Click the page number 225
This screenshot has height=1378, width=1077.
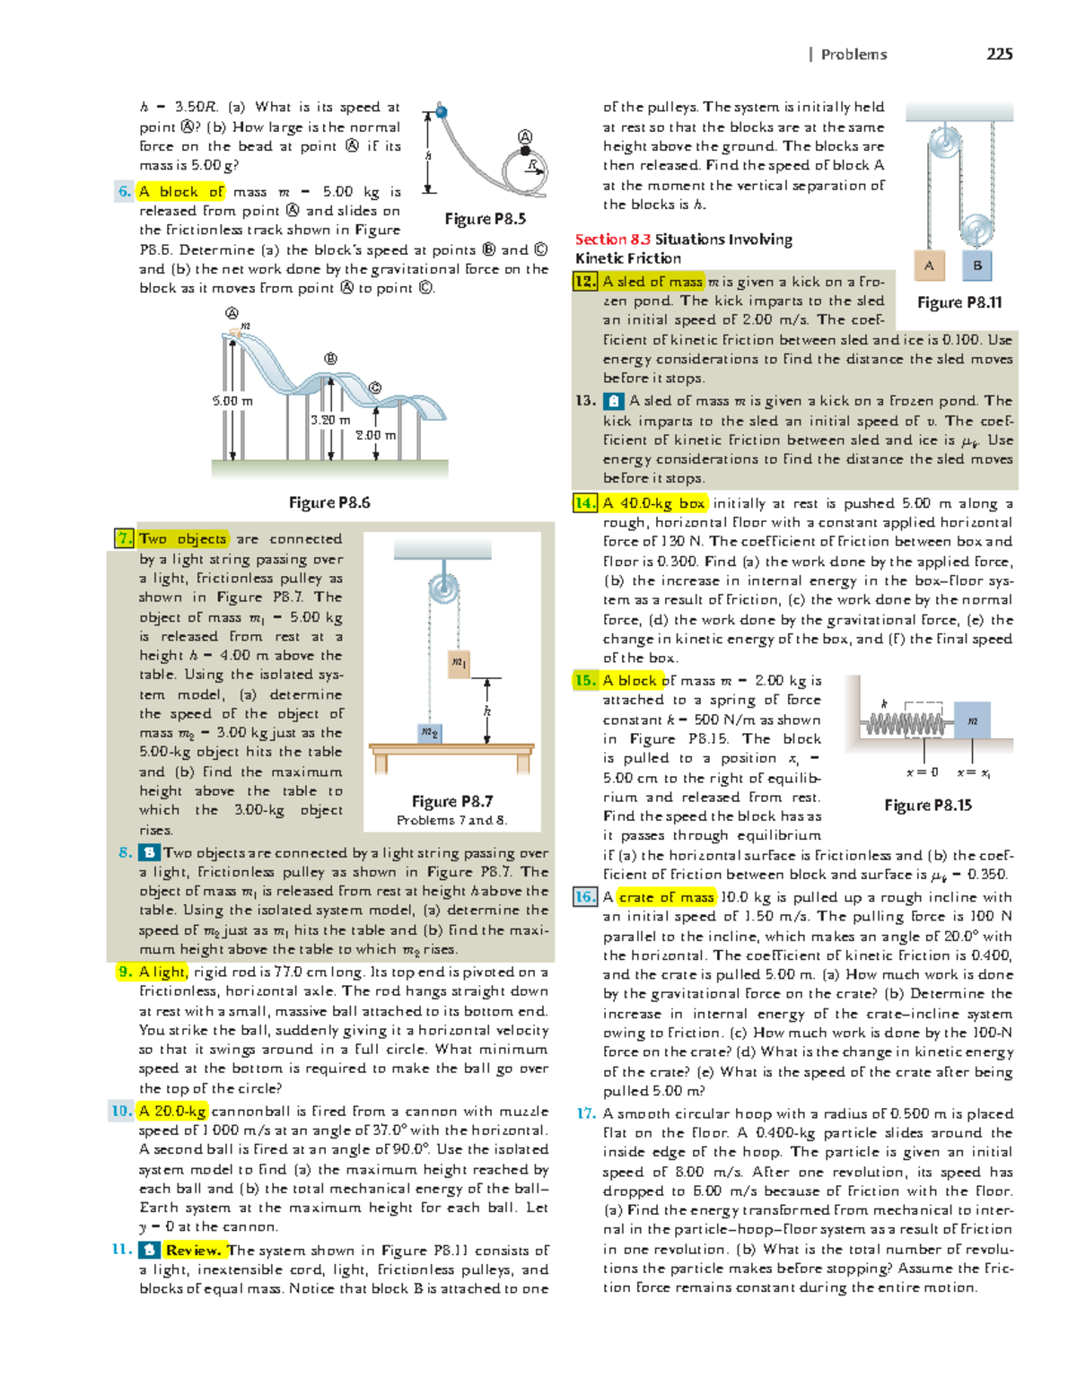(999, 54)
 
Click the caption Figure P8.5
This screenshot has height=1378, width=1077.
(485, 219)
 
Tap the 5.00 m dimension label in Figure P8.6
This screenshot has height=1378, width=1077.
(232, 401)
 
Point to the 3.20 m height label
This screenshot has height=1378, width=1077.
(329, 420)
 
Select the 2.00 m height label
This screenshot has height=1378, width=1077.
(375, 435)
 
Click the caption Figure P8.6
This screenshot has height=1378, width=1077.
(329, 502)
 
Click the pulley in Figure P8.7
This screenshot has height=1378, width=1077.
(443, 589)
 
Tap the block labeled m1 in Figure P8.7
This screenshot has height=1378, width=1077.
(459, 663)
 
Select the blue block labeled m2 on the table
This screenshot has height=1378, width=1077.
(430, 733)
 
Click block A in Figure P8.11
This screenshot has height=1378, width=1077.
(929, 266)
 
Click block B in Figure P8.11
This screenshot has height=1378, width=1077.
(977, 266)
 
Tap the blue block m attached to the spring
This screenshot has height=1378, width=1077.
(972, 720)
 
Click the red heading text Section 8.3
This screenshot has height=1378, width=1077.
(613, 240)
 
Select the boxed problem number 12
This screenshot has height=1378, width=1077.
(585, 282)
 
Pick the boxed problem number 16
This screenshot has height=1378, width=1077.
(585, 897)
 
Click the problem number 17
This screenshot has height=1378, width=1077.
(585, 1113)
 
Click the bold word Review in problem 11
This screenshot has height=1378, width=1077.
(192, 1251)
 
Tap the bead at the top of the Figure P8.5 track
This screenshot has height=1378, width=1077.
(442, 112)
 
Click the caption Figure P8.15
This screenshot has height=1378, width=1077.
(928, 806)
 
